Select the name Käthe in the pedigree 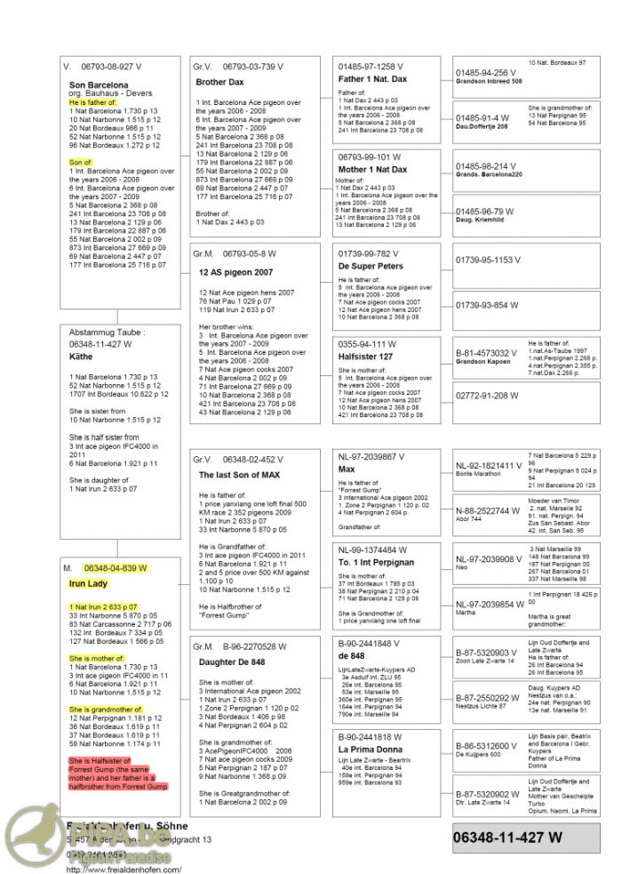pyautogui.click(x=81, y=357)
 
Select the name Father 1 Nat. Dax pyautogui.click(x=373, y=79)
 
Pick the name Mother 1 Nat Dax pyautogui.click(x=372, y=169)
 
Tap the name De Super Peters pyautogui.click(x=371, y=266)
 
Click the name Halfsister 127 pyautogui.click(x=366, y=356)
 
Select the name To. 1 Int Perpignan pyautogui.click(x=377, y=562)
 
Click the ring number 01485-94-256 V pyautogui.click(x=485, y=73)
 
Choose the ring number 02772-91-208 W pyautogui.click(x=485, y=395)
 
